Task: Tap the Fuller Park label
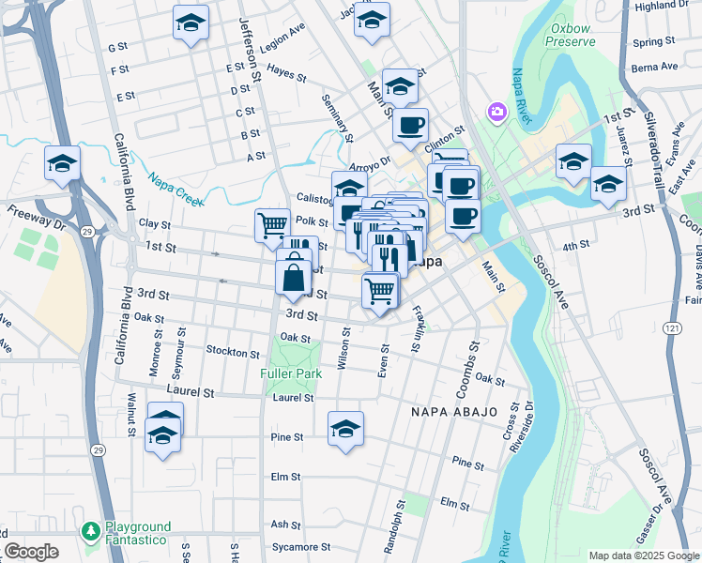[x=291, y=373]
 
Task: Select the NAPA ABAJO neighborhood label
[x=444, y=411]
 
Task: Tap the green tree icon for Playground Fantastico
[x=90, y=532]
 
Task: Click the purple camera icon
[x=496, y=113]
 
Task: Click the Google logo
[x=31, y=552]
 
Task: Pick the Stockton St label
[x=234, y=354]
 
